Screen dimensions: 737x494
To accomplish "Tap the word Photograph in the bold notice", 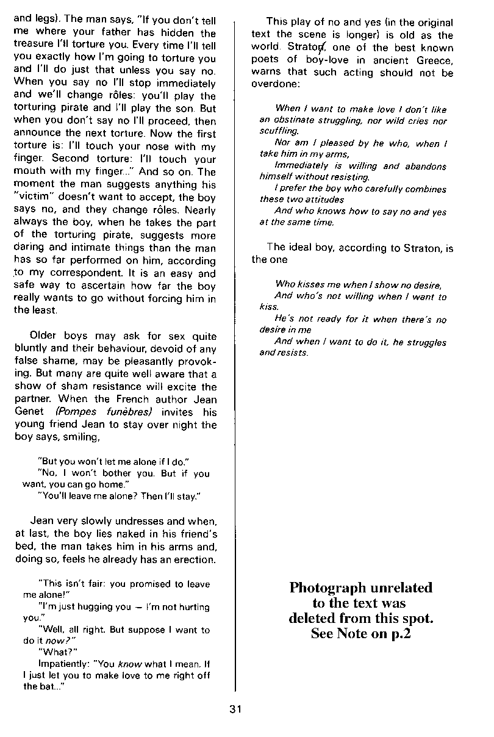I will [328, 588].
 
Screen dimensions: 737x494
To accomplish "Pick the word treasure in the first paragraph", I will [32, 45].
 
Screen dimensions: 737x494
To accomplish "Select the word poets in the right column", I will [266, 60].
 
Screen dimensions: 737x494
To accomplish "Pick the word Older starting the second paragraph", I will [43, 336].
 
